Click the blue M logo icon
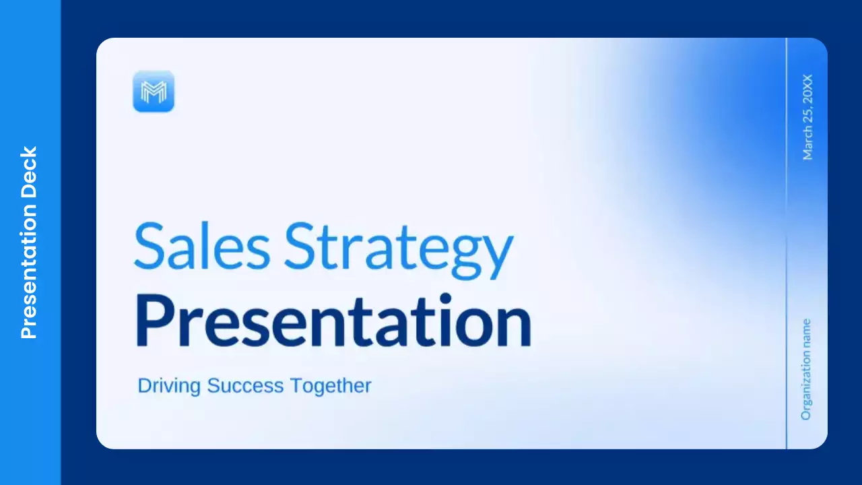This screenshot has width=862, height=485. point(154,91)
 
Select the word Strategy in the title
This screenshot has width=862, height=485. point(398,246)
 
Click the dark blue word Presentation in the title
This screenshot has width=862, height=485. point(333,321)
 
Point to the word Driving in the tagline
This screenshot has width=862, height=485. point(170,386)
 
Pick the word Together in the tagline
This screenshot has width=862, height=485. point(331,386)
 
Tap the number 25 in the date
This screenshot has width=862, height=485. point(807,119)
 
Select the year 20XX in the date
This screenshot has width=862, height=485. point(807,89)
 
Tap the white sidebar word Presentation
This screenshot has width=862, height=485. point(29,270)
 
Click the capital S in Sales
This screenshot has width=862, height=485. point(149,244)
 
